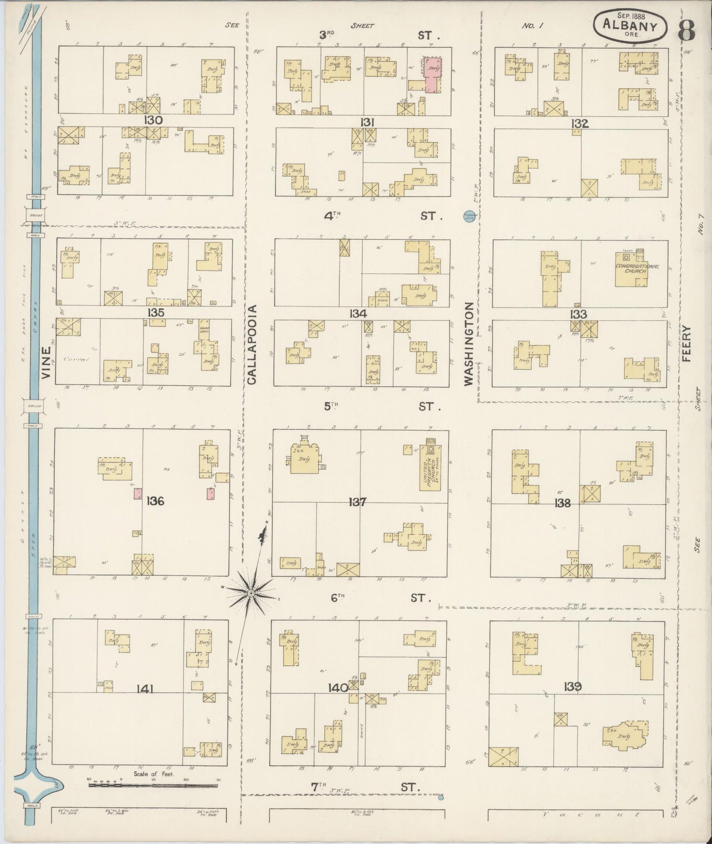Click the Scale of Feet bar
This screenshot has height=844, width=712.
coord(153,784)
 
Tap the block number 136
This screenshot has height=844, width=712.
coord(155,501)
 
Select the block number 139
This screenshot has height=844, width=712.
coord(575,686)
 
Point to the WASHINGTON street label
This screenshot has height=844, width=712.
coord(468,343)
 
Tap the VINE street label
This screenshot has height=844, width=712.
coord(47,363)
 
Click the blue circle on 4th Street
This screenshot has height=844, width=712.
coord(468,215)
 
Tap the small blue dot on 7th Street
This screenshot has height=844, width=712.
coord(441,797)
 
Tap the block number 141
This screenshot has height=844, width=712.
coord(144,688)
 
